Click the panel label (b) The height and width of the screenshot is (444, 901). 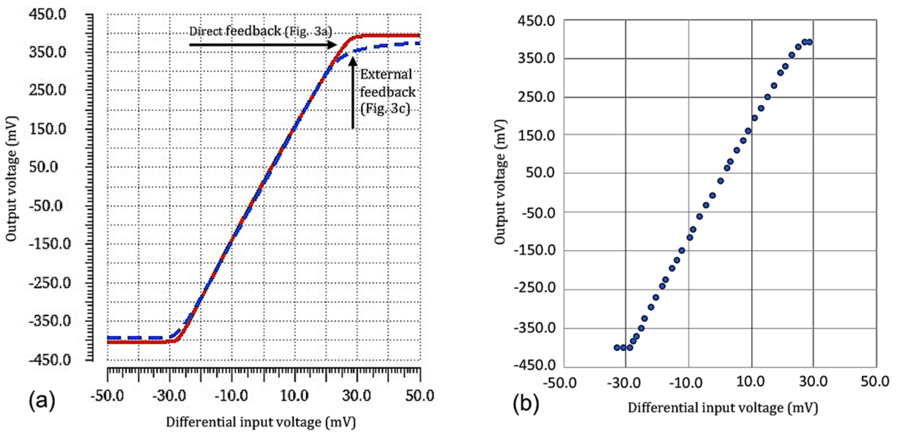pos(526,404)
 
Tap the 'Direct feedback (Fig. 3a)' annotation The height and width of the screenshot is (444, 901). pos(260,31)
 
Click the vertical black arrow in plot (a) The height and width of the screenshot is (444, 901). pos(353,93)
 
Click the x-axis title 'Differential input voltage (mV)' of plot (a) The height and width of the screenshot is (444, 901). pos(261,422)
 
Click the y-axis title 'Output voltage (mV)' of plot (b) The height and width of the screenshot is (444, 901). pos(501,182)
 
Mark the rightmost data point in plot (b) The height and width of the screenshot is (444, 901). pos(810,42)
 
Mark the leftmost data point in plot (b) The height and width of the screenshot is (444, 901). pos(617,347)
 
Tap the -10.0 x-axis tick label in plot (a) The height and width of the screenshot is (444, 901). pos(231,396)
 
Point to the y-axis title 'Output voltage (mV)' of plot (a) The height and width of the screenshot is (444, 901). pos(12,179)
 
